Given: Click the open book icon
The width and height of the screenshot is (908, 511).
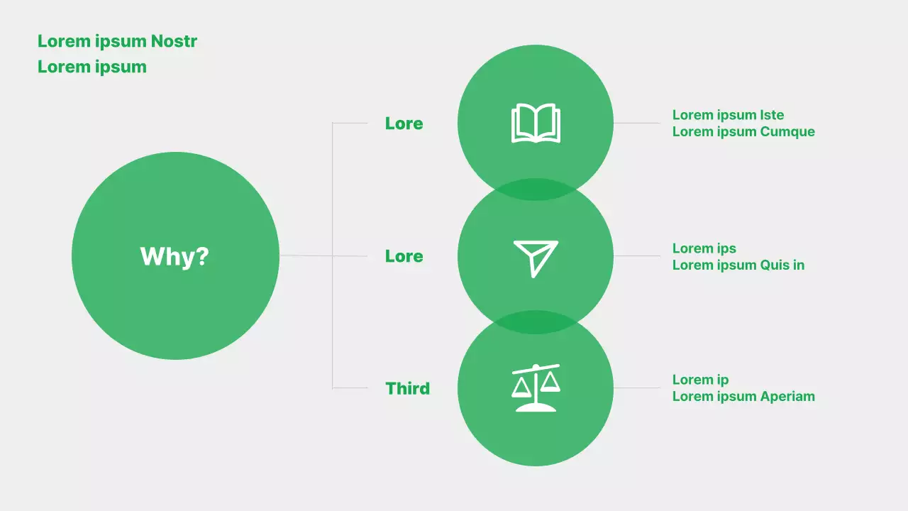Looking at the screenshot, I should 536,123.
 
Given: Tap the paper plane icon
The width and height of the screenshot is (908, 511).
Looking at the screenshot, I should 536,258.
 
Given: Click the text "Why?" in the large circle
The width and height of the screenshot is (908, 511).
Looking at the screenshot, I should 175,256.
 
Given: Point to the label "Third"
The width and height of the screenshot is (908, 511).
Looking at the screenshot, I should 407,388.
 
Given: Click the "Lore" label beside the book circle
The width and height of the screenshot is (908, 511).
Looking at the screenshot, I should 404,123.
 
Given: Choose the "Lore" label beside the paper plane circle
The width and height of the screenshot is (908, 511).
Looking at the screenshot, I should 404,256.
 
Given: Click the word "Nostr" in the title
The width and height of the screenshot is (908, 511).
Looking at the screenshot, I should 174,41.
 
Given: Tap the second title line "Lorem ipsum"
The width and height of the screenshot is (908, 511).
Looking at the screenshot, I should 92,67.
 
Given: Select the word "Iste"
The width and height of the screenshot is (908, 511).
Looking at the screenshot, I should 772,115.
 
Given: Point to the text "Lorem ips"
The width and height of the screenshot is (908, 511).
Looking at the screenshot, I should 704,248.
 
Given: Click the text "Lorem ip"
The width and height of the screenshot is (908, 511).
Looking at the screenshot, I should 700,380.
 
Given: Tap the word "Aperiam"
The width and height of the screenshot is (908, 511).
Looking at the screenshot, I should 787,396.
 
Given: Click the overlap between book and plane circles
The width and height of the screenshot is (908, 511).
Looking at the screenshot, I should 536,189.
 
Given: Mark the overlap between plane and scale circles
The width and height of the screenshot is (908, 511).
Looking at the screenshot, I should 536,322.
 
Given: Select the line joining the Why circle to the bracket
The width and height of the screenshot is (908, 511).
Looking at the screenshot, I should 306,255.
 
